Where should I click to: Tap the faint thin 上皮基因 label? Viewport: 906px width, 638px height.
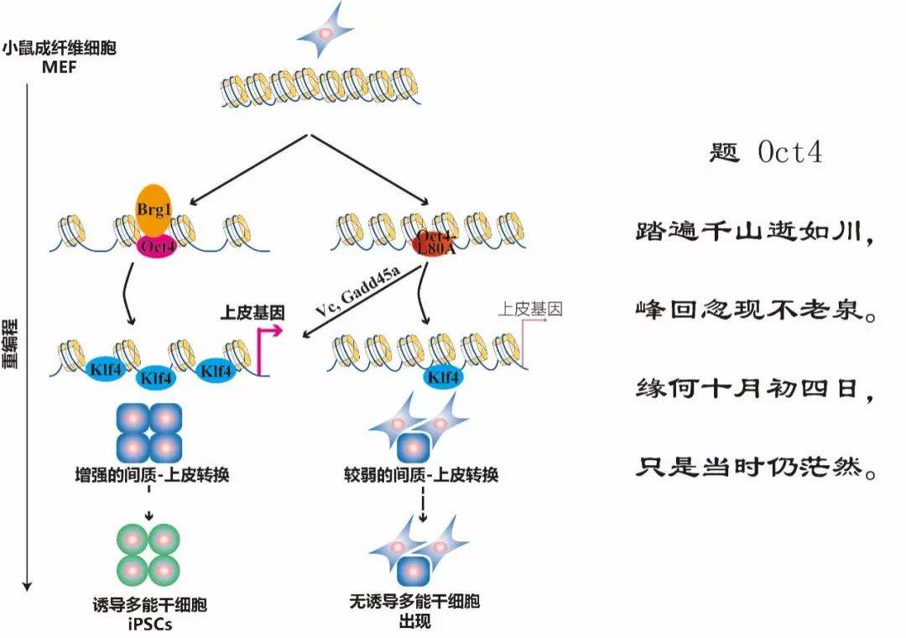pyautogui.click(x=530, y=309)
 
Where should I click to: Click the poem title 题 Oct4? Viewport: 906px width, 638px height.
pyautogui.click(x=766, y=154)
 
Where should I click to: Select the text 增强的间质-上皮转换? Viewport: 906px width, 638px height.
pyautogui.click(x=152, y=476)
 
